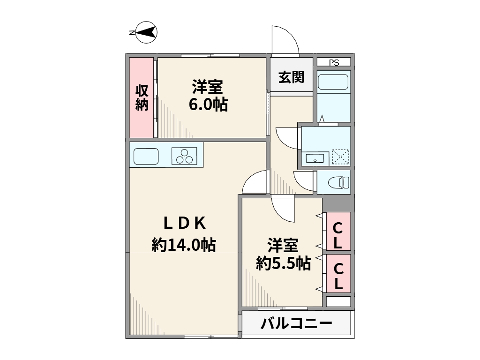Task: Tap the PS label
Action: (334, 63)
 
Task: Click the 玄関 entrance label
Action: (292, 77)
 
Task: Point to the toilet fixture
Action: (338, 183)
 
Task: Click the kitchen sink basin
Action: (146, 156)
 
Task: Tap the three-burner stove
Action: (184, 156)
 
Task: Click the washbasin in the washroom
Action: (315, 158)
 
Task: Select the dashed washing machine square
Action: (340, 157)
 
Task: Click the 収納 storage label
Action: (142, 97)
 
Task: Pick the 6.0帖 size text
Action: (208, 105)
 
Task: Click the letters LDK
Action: (185, 223)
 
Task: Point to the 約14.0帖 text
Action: (184, 245)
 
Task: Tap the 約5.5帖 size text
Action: (284, 263)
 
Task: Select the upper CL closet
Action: (338, 231)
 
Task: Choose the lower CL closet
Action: (338, 273)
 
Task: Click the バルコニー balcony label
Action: (296, 323)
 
